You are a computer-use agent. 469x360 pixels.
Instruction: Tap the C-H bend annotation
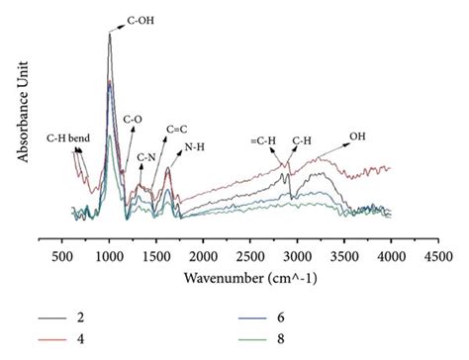[x=68, y=138]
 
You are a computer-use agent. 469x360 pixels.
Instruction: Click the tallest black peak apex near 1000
[x=109, y=33]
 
